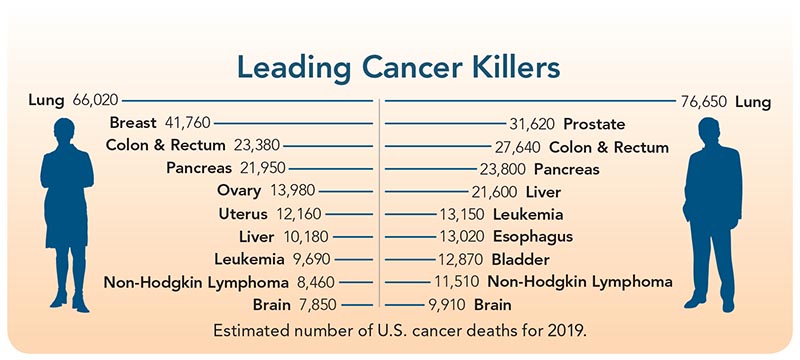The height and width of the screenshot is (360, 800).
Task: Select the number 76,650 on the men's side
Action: click(701, 101)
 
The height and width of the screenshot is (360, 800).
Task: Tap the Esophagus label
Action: click(531, 236)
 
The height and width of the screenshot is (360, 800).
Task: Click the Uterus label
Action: click(241, 214)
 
